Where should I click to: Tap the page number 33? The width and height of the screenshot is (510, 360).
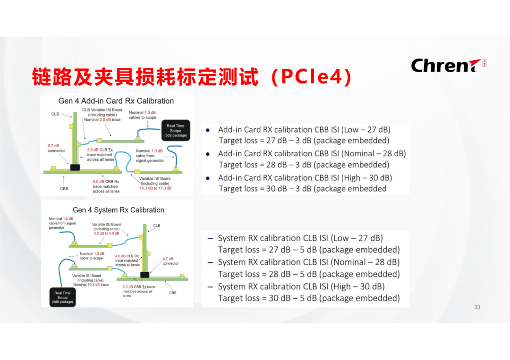pos(477,307)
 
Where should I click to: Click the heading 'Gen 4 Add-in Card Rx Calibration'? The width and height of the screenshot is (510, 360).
pos(116,101)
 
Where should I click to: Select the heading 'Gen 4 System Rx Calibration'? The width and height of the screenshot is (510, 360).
pos(119,210)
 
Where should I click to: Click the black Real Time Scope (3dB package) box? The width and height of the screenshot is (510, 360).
pos(176,131)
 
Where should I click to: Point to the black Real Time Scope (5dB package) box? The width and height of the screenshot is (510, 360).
pos(62,297)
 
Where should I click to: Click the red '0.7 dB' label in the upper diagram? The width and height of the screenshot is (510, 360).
pos(53,146)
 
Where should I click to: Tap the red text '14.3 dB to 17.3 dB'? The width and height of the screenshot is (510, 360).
pos(155,188)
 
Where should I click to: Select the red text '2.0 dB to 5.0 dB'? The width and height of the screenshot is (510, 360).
pos(106,233)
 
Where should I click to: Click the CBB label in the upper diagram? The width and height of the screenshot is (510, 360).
pos(64,189)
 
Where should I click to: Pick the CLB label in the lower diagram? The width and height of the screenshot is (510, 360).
pos(156,226)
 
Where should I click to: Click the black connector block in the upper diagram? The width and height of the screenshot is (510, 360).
pos(74,167)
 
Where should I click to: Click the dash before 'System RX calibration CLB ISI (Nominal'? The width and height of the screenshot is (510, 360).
pos(211,262)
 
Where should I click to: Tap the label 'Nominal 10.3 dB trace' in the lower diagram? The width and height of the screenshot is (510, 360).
pos(91,285)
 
